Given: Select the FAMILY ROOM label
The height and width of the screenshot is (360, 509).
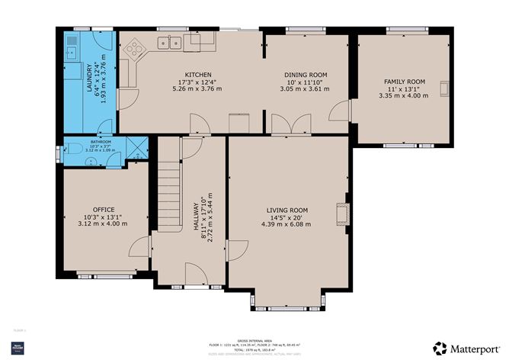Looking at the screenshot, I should click(x=405, y=82).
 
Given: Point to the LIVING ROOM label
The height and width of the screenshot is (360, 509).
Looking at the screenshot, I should click(x=287, y=210).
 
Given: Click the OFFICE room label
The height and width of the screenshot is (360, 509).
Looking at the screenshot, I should click(x=104, y=209).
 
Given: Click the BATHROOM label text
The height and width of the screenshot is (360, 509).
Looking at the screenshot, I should click(x=101, y=142).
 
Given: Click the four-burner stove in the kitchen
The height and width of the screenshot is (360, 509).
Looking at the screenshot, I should click(x=136, y=49).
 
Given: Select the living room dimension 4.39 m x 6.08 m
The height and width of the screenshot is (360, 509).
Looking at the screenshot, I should click(x=287, y=224).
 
